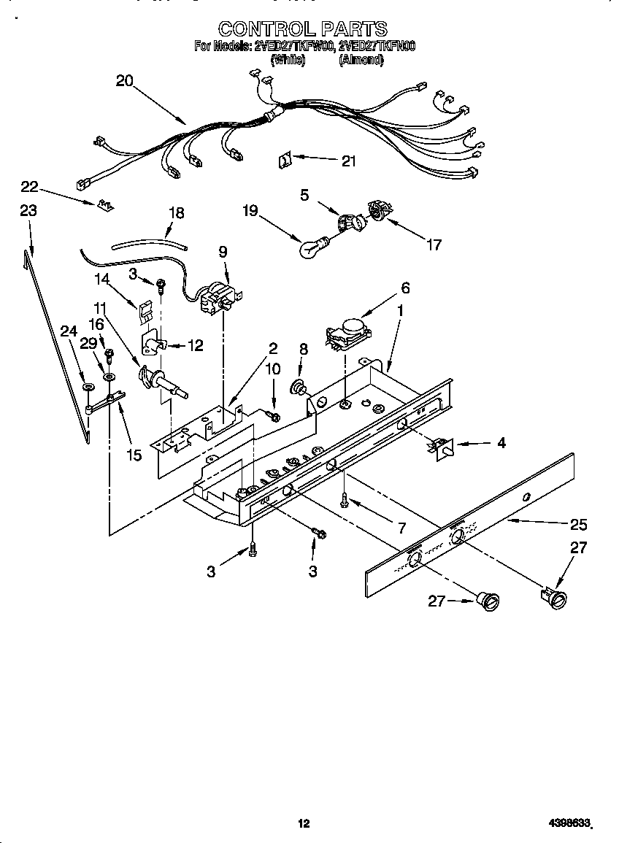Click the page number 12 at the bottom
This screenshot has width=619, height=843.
304,824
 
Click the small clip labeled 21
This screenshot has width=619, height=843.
286,158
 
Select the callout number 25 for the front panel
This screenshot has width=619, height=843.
578,524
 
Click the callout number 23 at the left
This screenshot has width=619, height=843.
28,210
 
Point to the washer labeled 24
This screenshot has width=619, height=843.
88,385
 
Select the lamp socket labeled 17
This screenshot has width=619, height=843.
378,210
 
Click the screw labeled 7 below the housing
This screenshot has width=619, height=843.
344,501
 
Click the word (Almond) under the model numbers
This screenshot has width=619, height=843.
361,61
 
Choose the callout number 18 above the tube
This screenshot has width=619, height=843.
176,213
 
